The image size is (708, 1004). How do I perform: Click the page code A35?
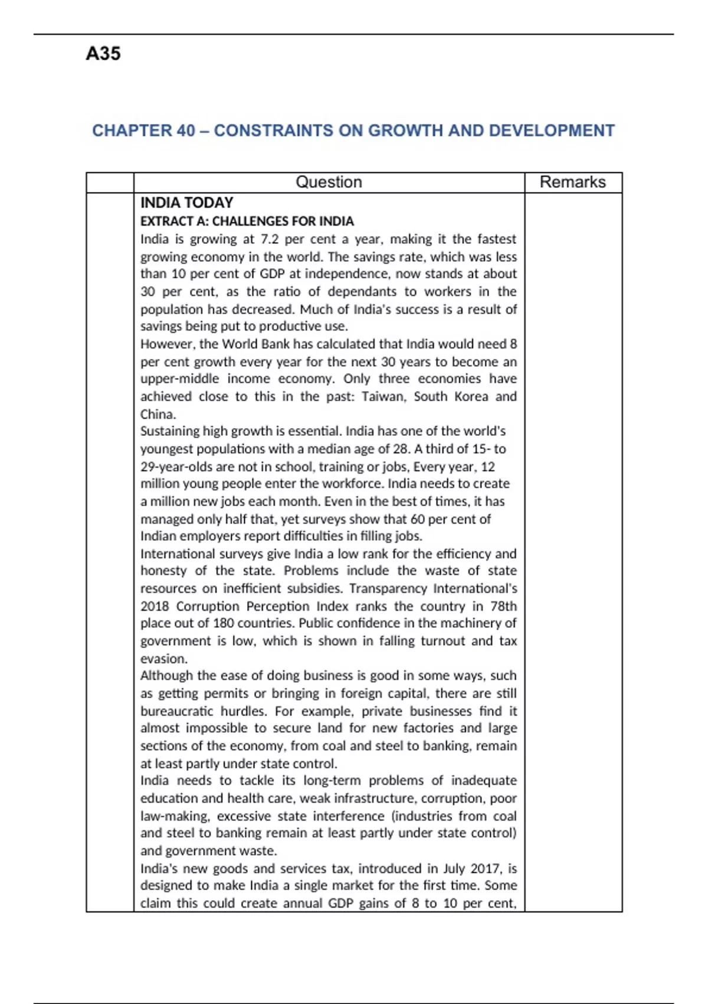pyautogui.click(x=103, y=54)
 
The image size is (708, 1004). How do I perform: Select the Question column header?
pyautogui.click(x=329, y=182)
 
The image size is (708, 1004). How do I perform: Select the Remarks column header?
pyautogui.click(x=572, y=182)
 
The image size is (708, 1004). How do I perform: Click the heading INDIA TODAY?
pyautogui.click(x=186, y=203)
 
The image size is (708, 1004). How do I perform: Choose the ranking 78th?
pyautogui.click(x=503, y=607)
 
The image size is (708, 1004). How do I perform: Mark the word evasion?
pyautogui.click(x=163, y=659)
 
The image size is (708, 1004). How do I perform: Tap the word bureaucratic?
pyautogui.click(x=176, y=711)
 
